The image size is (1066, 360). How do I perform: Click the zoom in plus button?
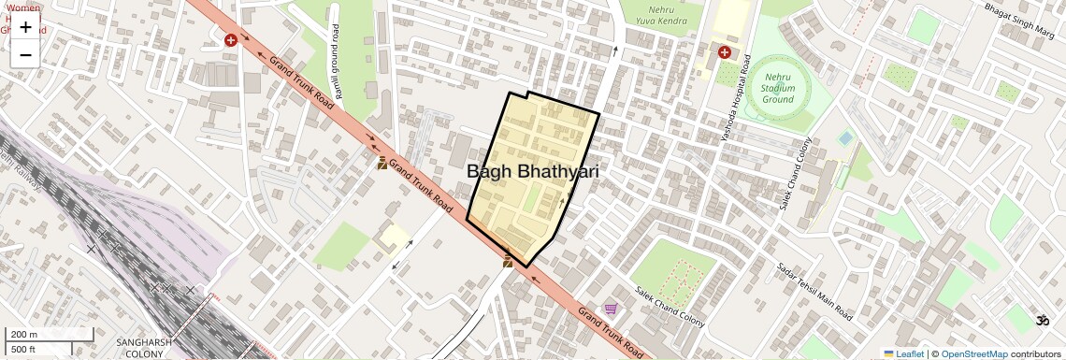25,27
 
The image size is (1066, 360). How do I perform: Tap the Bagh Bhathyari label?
532,172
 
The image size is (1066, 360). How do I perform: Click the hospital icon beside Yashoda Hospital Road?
724,52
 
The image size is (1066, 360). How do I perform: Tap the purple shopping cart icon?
611,309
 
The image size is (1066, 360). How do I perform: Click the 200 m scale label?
24,335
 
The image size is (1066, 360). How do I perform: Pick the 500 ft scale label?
24,349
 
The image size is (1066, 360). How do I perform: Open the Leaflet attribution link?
909,353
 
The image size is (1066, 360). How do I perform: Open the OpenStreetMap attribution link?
973,353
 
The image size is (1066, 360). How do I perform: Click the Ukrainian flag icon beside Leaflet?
888,353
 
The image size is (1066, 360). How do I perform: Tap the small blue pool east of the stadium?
846,137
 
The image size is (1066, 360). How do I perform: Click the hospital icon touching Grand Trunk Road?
230,40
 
